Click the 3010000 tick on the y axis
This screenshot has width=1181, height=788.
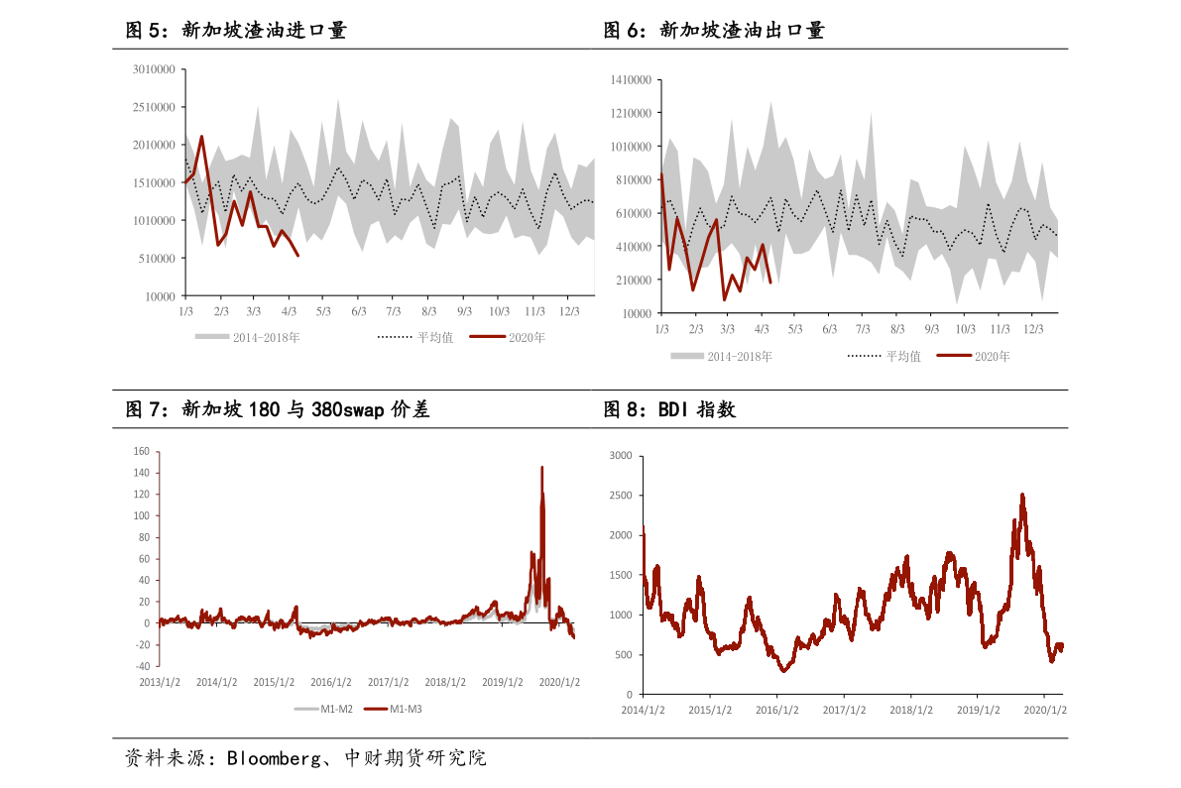pos(154,69)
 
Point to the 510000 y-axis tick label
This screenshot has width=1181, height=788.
pos(157,259)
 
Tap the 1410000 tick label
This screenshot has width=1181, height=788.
pos(631,79)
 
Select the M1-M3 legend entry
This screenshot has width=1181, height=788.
pos(405,709)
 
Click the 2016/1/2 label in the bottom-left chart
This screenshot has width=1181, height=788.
pos(331,683)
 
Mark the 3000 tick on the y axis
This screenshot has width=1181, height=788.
pos(620,456)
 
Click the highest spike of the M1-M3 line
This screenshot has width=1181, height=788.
pos(541,467)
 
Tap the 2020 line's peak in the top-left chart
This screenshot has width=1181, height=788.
pos(202,137)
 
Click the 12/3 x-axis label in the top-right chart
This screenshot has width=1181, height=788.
pos(1033,329)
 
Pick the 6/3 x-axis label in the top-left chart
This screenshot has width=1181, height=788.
pos(358,311)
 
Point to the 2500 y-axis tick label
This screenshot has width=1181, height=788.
pos(620,496)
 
